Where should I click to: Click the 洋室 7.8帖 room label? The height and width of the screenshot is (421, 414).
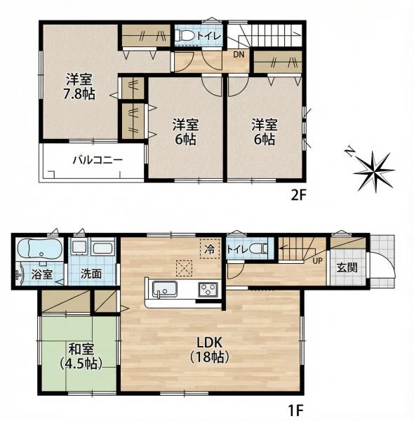79,86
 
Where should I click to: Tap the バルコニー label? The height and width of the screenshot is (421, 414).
98,160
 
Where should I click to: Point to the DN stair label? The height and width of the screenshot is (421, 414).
239,55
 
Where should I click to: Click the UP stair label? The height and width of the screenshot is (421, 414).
317,260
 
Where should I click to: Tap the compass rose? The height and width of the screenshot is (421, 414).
374,171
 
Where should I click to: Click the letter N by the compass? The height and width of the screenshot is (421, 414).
349,153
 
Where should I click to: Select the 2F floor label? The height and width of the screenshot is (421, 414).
298,195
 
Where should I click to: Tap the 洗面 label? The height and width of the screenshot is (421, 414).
91,274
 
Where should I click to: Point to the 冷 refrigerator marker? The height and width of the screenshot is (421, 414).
209,249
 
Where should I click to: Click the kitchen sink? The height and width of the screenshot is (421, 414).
165,289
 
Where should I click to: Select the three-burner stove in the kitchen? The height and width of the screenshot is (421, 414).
208,289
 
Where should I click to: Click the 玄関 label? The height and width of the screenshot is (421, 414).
347,267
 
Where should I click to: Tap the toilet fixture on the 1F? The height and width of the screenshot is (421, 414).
258,249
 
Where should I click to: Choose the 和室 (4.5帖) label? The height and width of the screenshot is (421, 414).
81,356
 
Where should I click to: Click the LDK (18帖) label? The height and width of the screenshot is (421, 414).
209,350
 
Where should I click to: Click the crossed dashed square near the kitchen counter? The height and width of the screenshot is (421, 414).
184,269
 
